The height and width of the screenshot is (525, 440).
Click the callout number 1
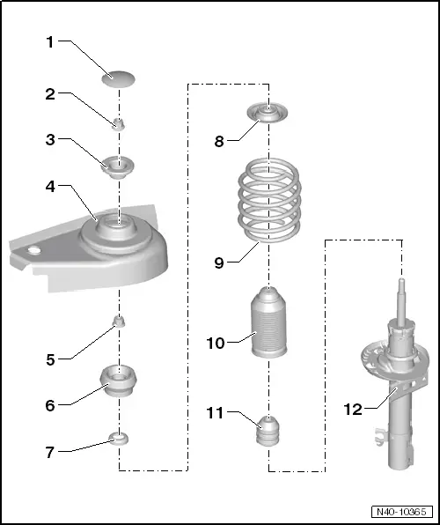point(51,42)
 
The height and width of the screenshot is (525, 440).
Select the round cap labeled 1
point(118,79)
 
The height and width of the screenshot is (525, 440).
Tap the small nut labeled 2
point(118,122)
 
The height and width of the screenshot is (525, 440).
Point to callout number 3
point(51,141)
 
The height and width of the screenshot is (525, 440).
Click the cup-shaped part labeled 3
point(118,165)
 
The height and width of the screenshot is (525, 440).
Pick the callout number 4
point(51,187)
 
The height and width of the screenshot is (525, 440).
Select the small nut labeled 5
point(118,320)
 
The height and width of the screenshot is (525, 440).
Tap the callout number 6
point(51,405)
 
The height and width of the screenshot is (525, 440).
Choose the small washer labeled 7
point(118,437)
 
